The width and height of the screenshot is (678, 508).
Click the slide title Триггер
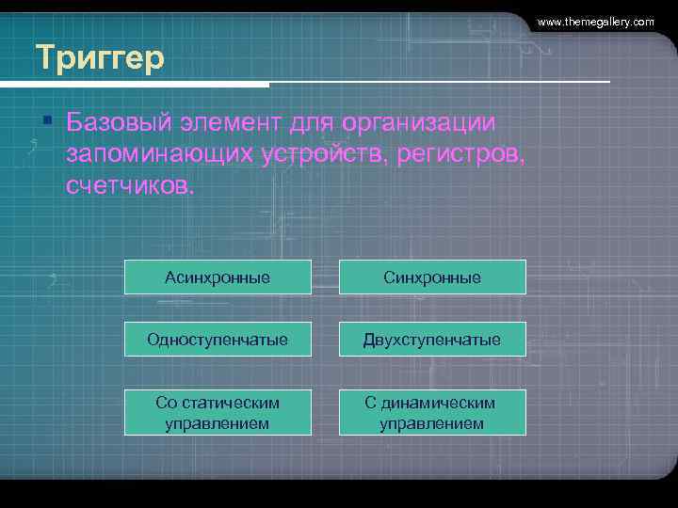pos(100,57)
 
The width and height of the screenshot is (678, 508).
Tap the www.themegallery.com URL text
pos(595,22)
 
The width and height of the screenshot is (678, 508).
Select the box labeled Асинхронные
pos(218,278)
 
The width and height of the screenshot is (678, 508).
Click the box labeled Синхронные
pos(432,278)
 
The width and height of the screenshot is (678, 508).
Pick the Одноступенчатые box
pos(218,339)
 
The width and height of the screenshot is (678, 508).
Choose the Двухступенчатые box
pos(432,339)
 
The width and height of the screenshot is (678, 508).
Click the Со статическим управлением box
pos(218,413)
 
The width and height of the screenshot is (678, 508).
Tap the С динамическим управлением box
pos(432,413)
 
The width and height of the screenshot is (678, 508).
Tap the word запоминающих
pos(157,153)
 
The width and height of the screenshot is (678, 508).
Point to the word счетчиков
pos(129,184)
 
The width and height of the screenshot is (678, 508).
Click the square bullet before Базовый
pos(46,121)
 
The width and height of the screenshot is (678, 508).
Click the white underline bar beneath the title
pos(151,85)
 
